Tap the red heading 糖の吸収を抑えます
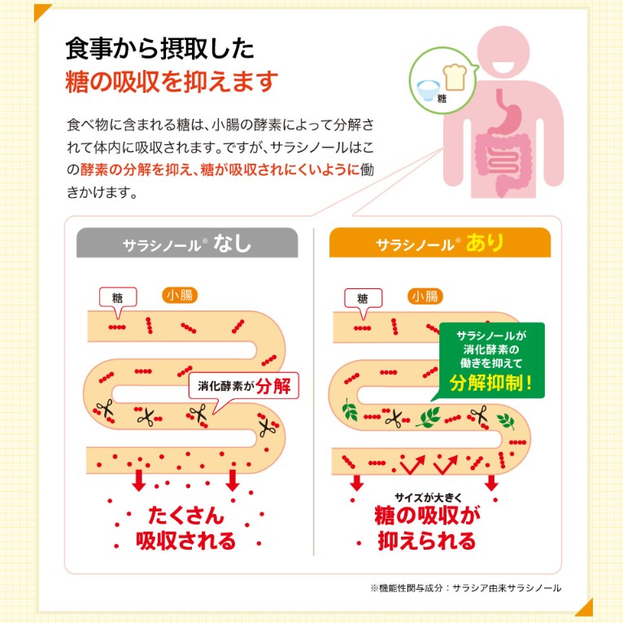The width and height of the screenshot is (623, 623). tap(172, 82)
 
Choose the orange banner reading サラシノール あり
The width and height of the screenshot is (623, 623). tap(439, 243)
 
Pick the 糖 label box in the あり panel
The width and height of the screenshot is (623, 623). tap(362, 298)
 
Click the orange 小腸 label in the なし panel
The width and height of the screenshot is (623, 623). tap(179, 295)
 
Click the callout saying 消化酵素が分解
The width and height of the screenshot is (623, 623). tap(243, 385)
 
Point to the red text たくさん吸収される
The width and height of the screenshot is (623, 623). tap(186, 528)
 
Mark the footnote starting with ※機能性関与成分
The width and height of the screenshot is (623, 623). tap(465, 587)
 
